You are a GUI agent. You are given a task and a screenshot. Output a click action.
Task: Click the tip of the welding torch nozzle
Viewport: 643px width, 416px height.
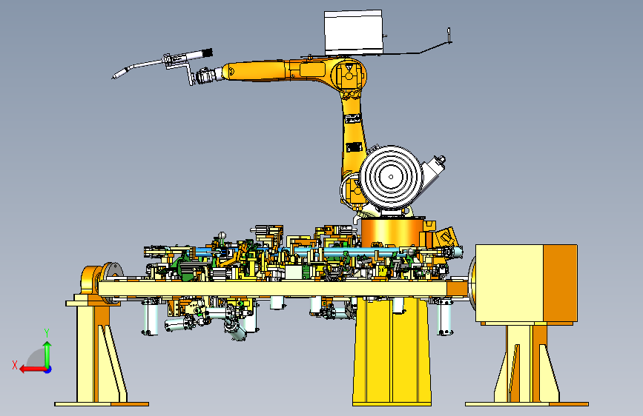pyautogui.click(x=113, y=78)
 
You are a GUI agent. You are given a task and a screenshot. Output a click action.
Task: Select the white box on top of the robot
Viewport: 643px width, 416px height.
pyautogui.click(x=353, y=33)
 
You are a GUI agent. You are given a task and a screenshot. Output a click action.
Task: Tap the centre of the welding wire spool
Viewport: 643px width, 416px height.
pyautogui.click(x=391, y=177)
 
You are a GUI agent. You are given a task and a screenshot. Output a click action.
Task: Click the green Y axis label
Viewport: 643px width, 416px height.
pyautogui.click(x=47, y=333)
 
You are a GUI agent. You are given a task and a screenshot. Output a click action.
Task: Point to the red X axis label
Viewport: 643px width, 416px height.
pyautogui.click(x=15, y=365)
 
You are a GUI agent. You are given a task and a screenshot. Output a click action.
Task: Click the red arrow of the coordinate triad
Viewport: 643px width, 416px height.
pyautogui.click(x=33, y=369)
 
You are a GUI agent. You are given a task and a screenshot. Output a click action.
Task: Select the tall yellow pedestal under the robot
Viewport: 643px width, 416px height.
pyautogui.click(x=392, y=352)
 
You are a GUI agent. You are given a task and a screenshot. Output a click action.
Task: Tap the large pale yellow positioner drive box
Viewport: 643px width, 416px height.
pyautogui.click(x=510, y=283)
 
